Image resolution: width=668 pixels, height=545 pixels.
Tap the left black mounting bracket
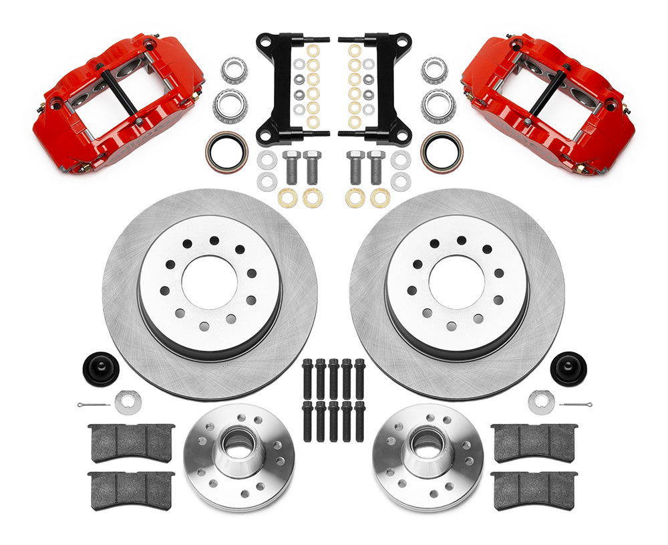point(281,87)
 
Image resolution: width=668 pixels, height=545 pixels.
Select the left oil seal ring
point(226,151)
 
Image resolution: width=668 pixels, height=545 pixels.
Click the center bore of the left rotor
point(209,282)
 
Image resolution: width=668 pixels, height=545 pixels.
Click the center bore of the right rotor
point(456,282)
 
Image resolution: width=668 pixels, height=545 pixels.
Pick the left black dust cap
point(100,368)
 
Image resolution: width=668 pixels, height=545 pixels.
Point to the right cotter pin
point(575,405)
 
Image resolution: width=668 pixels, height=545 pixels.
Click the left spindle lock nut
point(127,402)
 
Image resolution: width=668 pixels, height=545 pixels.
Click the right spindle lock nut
point(540,402)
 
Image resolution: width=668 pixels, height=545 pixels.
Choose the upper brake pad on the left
point(132,442)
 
